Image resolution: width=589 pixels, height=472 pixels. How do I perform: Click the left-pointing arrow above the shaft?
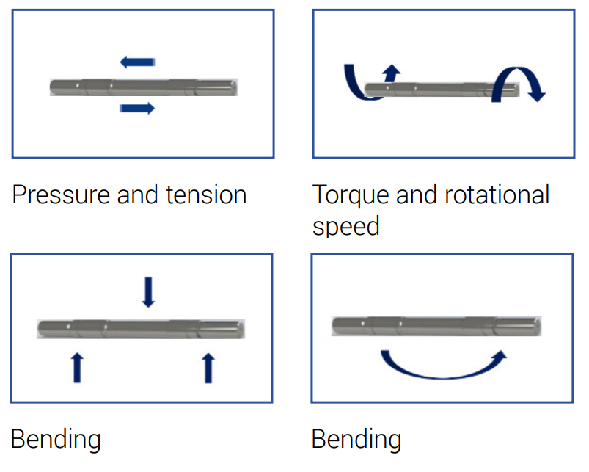[x=137, y=61]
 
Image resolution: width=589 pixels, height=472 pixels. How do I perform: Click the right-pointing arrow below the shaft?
[x=137, y=109]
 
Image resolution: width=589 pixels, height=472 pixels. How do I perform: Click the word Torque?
[x=351, y=195]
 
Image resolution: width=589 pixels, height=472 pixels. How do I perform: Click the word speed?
[x=345, y=226]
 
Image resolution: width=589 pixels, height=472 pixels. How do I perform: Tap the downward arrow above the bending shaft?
[x=149, y=291]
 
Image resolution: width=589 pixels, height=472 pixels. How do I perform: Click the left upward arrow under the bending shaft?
[x=77, y=367]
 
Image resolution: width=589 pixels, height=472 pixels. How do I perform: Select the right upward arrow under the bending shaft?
[x=208, y=367]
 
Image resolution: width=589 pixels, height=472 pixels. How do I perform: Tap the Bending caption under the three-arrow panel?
[x=56, y=440]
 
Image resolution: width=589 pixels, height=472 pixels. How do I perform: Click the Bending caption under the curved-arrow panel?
[x=356, y=440]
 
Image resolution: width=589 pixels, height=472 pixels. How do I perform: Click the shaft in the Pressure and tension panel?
[x=144, y=86]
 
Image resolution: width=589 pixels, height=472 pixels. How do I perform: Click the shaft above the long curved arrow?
[x=437, y=324]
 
